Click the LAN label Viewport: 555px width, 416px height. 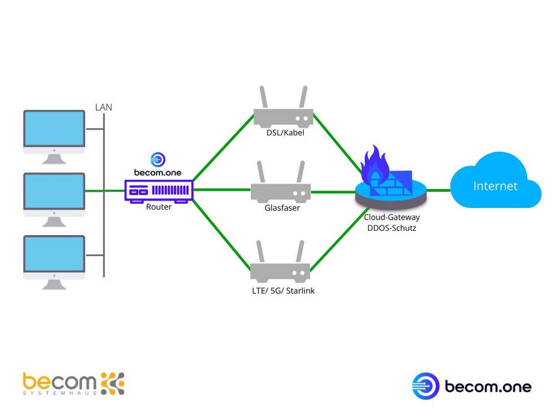click(x=103, y=107)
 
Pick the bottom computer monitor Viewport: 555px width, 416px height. click(x=54, y=257)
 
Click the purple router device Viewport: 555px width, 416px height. click(x=158, y=191)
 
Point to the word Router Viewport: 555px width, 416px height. click(x=158, y=207)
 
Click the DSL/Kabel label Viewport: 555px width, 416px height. click(x=285, y=133)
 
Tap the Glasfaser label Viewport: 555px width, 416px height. click(x=282, y=209)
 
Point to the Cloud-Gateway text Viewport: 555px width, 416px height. click(x=392, y=217)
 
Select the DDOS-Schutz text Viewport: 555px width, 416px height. click(x=392, y=228)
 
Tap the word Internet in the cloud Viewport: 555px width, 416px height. click(x=495, y=186)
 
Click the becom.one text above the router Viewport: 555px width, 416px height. click(x=158, y=173)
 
